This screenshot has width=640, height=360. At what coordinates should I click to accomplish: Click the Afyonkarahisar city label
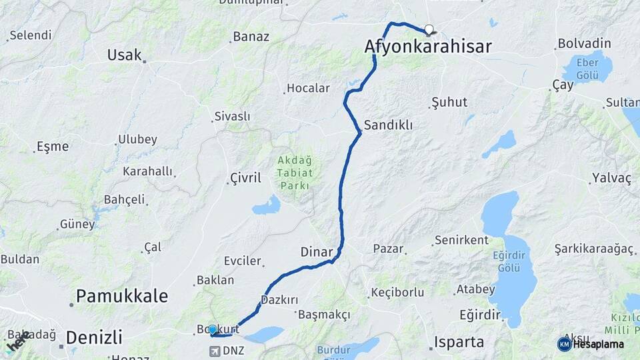tap(428, 46)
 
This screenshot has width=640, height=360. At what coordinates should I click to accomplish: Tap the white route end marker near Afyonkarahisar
tap(429, 29)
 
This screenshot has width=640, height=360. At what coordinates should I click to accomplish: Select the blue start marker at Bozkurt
tap(212, 329)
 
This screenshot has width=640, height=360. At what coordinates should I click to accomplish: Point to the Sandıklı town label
tap(388, 125)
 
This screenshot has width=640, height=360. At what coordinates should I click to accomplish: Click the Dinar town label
tap(317, 252)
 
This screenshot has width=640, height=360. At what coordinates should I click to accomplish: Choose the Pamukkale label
tap(122, 296)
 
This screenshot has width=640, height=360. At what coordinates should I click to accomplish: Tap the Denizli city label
tap(95, 335)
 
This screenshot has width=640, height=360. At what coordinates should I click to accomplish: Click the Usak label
tap(125, 55)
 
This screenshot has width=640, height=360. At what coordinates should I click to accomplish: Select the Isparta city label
tap(459, 342)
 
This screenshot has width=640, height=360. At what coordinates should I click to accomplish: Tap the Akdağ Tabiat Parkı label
tap(294, 173)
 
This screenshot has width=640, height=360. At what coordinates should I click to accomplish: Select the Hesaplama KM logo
tap(564, 344)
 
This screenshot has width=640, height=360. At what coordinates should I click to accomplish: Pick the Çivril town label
tap(245, 177)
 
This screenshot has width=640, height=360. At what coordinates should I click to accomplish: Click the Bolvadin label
tap(583, 43)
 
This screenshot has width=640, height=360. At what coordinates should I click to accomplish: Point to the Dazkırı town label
tap(279, 300)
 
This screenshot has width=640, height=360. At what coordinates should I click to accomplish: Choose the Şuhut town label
tap(449, 102)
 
